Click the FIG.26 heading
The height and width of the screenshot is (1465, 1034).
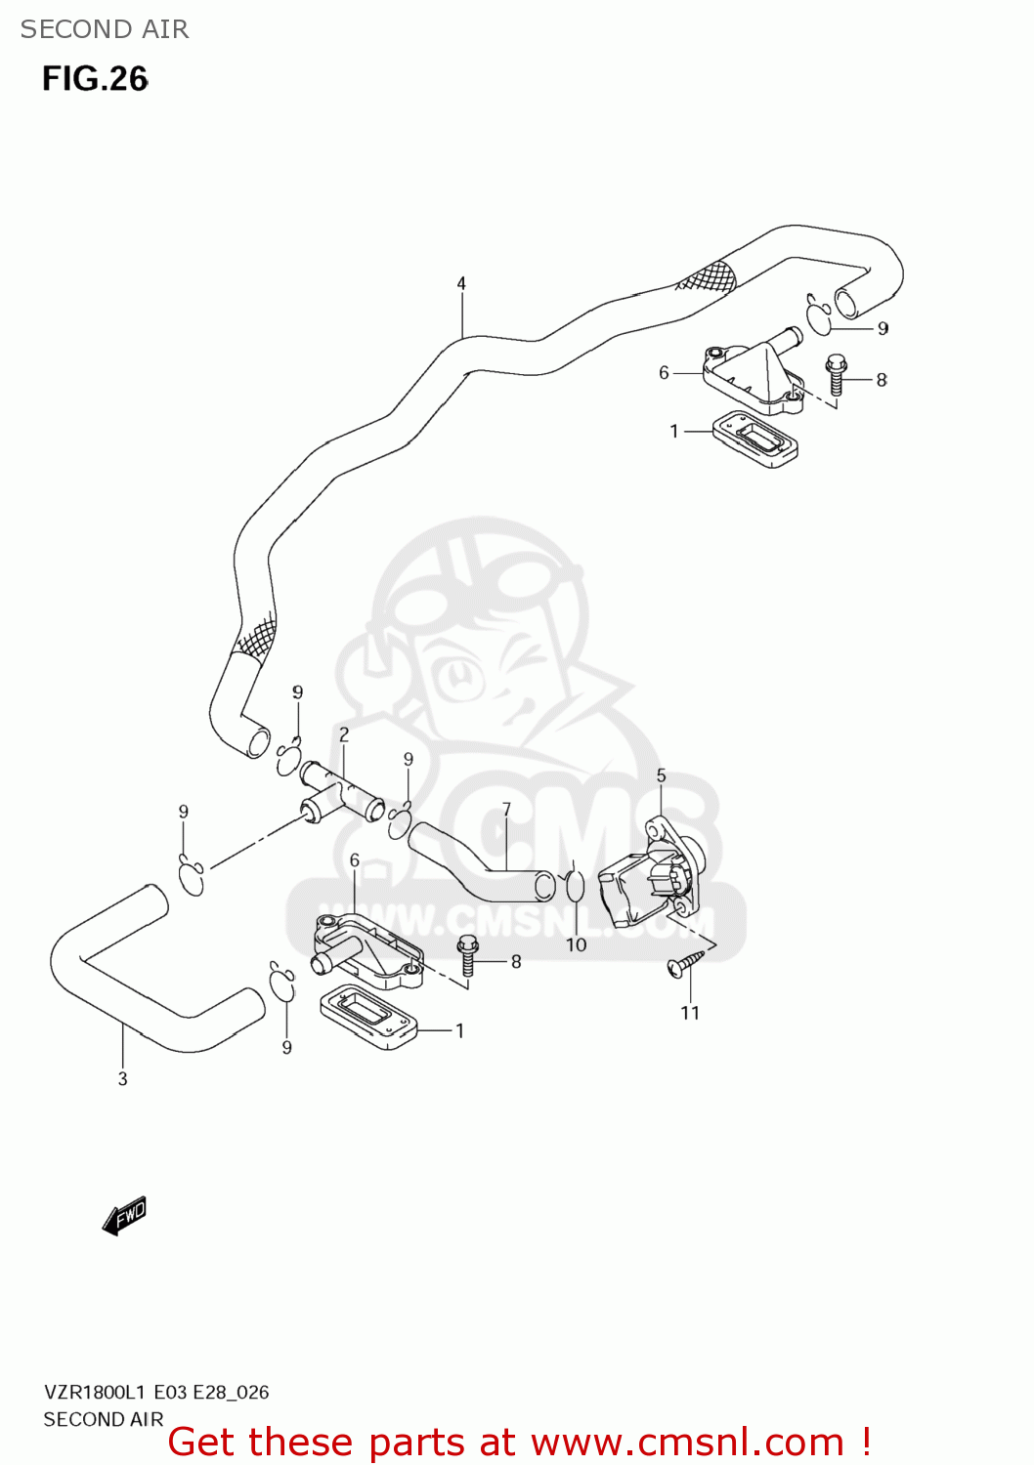coord(95,79)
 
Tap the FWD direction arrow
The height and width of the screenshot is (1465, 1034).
coord(125,1216)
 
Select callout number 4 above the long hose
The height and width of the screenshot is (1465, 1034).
coord(461,284)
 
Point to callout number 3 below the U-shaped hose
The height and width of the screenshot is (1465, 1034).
coord(122,1079)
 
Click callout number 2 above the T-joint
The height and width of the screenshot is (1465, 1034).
coord(344,734)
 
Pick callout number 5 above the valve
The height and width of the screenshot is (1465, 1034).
coord(661,775)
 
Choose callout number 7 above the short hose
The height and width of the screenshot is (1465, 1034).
coord(506,810)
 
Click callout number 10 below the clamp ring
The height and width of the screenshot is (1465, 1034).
coord(576,944)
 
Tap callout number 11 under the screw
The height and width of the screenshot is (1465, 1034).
coord(690,1013)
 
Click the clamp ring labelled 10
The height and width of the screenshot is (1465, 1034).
coord(576,886)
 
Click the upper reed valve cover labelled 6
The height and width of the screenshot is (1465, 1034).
coord(753,376)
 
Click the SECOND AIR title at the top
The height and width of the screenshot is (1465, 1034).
coord(105,29)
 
